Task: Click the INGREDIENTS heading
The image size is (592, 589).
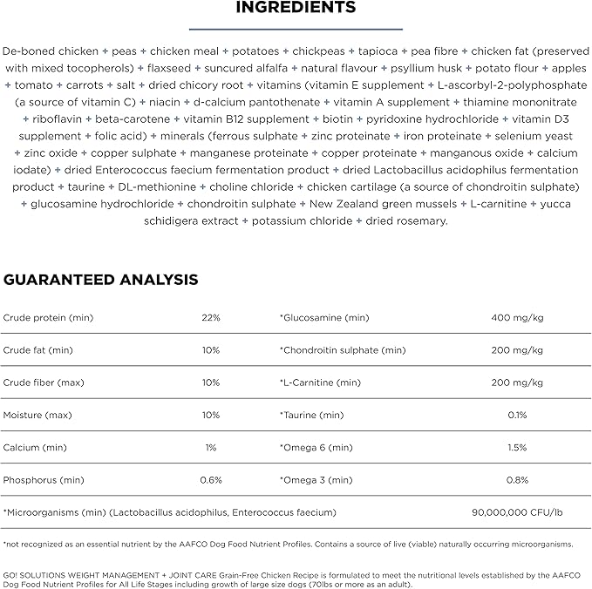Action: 296,8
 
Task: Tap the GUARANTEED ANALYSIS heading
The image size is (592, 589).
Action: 101,280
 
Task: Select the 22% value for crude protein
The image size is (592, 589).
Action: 211,317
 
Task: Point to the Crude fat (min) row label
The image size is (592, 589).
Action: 38,350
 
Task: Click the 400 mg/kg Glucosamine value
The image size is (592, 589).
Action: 518,317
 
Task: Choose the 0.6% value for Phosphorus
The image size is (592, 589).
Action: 211,480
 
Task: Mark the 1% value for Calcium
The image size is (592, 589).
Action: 211,447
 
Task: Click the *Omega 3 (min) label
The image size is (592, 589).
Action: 316,480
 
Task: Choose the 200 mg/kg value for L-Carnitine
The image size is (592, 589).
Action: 518,383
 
